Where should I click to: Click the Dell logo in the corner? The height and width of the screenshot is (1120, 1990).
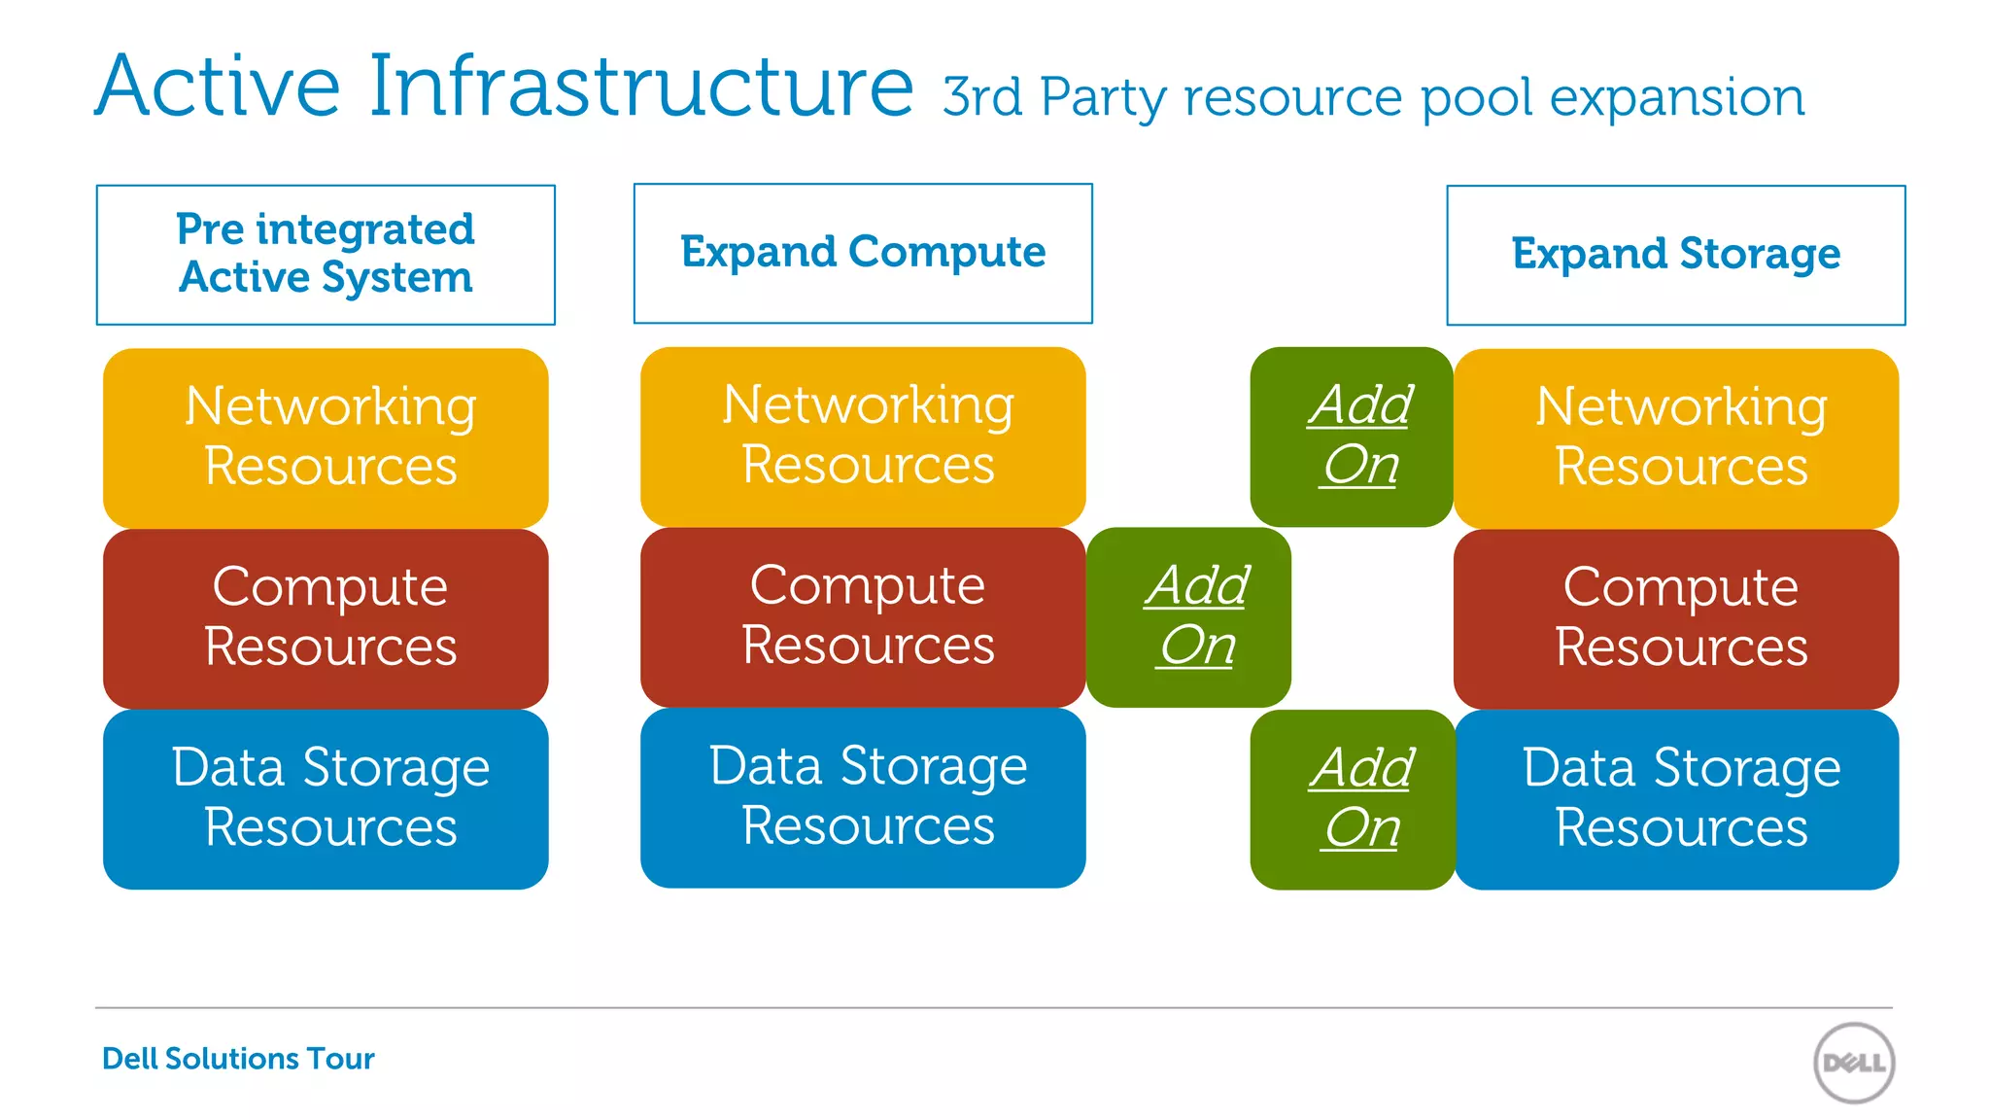pos(1854,1063)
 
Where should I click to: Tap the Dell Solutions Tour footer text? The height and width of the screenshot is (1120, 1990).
pos(238,1058)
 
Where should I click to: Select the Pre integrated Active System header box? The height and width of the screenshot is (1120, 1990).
pos(326,254)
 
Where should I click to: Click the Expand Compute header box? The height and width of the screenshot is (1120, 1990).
pos(863,253)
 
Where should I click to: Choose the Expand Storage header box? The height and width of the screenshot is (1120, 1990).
pos(1675,255)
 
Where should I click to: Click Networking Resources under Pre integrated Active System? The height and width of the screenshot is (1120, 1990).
pos(326,437)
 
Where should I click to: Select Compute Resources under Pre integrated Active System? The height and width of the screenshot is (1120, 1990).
pos(326,618)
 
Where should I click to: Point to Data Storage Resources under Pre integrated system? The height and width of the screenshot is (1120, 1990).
pos(326,799)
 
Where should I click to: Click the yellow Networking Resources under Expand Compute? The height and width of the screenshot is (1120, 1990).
pos(863,436)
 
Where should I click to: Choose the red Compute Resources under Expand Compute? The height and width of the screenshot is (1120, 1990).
pos(863,616)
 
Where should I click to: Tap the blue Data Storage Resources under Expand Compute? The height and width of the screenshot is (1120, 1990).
pos(863,797)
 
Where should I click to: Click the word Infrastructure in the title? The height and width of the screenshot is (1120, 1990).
pos(641,87)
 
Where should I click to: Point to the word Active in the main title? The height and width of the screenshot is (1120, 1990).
pos(218,87)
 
